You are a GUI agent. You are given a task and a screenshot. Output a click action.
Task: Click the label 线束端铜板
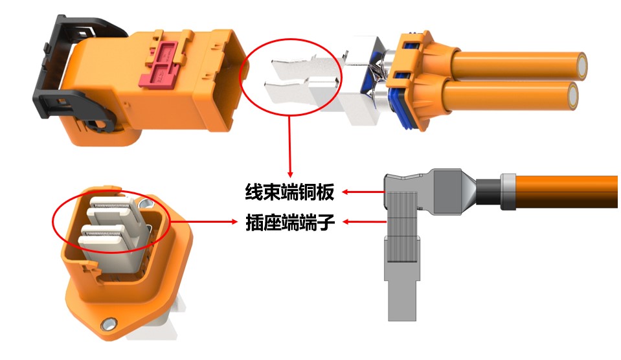(289, 192)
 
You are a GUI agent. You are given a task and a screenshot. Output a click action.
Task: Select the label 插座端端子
(289, 223)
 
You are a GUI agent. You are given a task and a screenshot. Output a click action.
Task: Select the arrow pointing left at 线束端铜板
(363, 192)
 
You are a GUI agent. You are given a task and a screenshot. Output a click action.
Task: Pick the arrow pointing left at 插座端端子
(363, 222)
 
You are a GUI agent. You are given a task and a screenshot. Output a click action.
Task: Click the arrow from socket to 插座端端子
(204, 222)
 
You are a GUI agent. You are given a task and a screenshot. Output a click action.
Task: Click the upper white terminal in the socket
(113, 208)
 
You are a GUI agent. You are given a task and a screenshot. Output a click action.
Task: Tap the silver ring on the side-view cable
(508, 192)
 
